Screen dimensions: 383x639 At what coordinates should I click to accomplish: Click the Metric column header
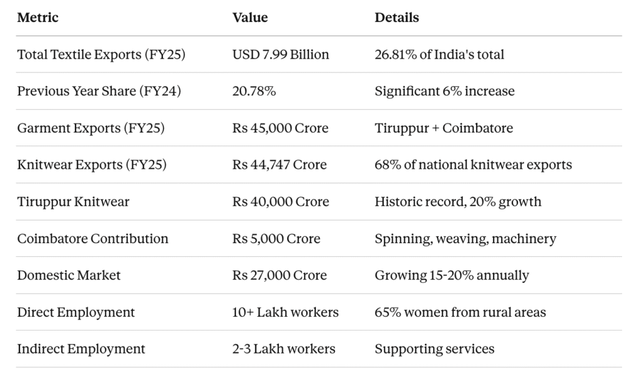(37, 17)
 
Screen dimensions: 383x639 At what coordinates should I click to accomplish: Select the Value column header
(250, 17)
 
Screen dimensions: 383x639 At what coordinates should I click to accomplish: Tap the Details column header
(396, 17)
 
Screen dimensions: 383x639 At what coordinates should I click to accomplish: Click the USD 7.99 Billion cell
(280, 54)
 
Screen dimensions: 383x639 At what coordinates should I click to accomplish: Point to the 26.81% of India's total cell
(439, 54)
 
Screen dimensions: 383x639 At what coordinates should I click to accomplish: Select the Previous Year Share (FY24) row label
(99, 91)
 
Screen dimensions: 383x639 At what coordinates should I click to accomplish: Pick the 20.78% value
(254, 91)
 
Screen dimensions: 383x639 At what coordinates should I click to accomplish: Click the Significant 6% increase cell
(444, 91)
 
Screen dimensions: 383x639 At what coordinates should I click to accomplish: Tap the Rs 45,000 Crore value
(280, 128)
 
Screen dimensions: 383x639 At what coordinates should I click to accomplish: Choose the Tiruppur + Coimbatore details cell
(444, 128)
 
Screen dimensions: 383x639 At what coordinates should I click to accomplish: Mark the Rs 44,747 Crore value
(280, 165)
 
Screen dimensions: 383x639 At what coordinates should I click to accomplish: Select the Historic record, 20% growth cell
(458, 202)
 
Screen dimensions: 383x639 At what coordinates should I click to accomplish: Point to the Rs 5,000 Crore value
(276, 239)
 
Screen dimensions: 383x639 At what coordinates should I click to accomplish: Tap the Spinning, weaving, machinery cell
(465, 239)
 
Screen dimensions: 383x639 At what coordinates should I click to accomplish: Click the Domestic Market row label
(69, 275)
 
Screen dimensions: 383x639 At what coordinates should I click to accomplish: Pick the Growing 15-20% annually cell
(452, 275)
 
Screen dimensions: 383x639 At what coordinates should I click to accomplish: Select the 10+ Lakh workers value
(285, 312)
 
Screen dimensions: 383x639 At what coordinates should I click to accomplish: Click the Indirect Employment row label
(81, 349)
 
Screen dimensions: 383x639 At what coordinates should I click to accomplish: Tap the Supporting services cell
(434, 349)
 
